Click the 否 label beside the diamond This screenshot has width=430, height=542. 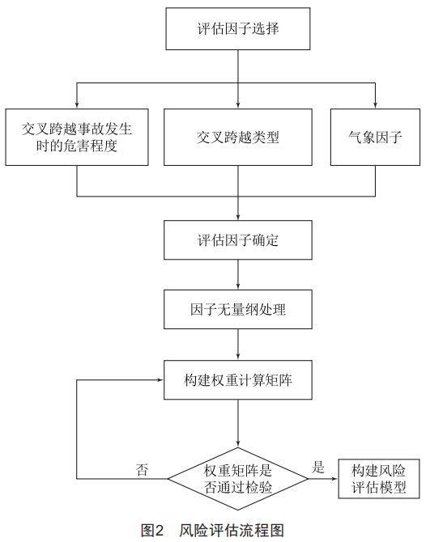(142, 470)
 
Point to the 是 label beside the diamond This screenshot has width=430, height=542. (318, 467)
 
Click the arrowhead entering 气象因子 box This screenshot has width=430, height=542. (376, 105)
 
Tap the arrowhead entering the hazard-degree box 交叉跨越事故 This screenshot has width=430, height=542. (77, 105)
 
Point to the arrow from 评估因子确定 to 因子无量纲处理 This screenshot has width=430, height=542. (238, 274)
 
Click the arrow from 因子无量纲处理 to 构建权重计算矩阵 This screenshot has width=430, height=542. (238, 345)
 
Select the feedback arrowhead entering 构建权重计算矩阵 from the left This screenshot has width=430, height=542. (160, 380)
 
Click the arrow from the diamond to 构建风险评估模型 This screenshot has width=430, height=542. (323, 479)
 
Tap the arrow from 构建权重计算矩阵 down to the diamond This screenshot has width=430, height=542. (238, 423)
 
